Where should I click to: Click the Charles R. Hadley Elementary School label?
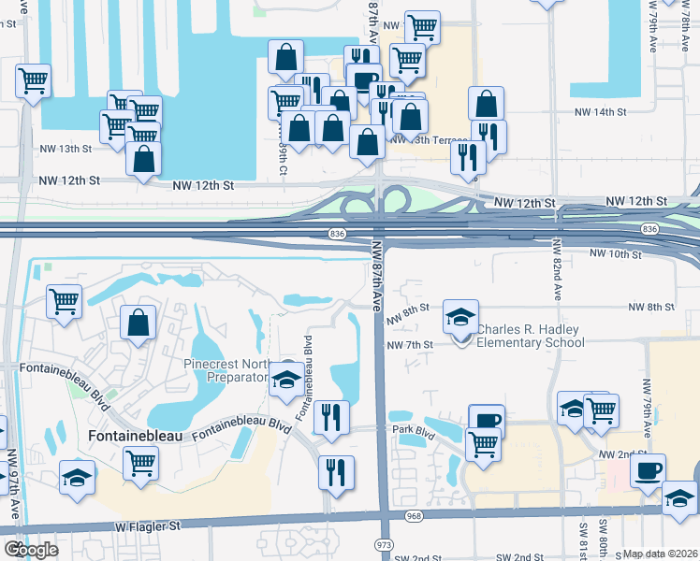coord(531,336)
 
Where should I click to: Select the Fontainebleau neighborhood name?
coord(137,436)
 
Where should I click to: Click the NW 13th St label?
coord(66,149)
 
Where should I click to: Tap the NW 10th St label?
coord(615,253)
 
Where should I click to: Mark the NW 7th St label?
coord(411,345)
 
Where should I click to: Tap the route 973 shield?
coord(383,543)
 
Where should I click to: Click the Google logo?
coord(30,550)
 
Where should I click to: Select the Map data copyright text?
coord(660,554)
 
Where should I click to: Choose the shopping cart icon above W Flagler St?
coord(140,463)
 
